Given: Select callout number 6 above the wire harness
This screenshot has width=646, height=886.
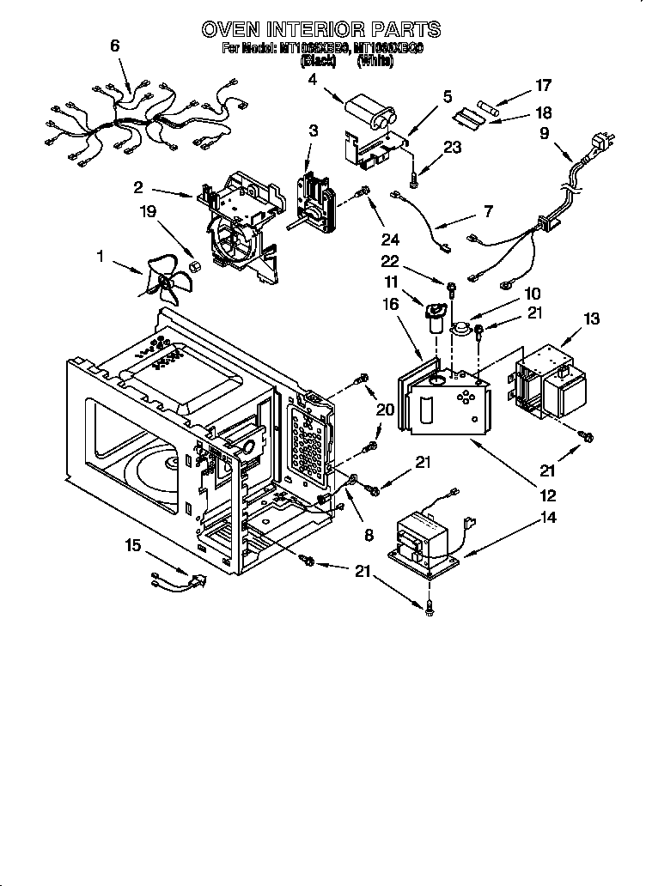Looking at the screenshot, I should point(114,47).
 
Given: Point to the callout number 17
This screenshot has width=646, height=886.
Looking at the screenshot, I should point(543,85).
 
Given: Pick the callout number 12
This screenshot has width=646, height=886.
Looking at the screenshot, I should point(547,495).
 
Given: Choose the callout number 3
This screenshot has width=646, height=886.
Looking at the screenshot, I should point(314,130).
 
